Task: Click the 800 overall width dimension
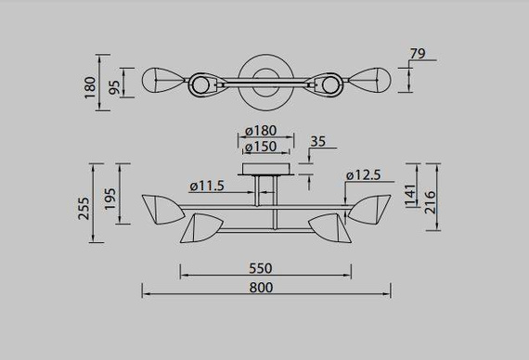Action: [x=261, y=288]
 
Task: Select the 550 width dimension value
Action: [x=261, y=268]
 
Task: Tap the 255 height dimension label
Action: [x=84, y=208]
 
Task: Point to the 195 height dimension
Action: [x=110, y=199]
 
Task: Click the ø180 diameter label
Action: [x=261, y=131]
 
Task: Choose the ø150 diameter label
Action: [x=261, y=147]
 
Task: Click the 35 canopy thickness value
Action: [x=317, y=142]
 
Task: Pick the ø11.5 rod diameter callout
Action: [x=207, y=186]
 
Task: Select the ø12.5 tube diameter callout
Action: [x=364, y=175]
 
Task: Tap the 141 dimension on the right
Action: [x=410, y=196]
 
